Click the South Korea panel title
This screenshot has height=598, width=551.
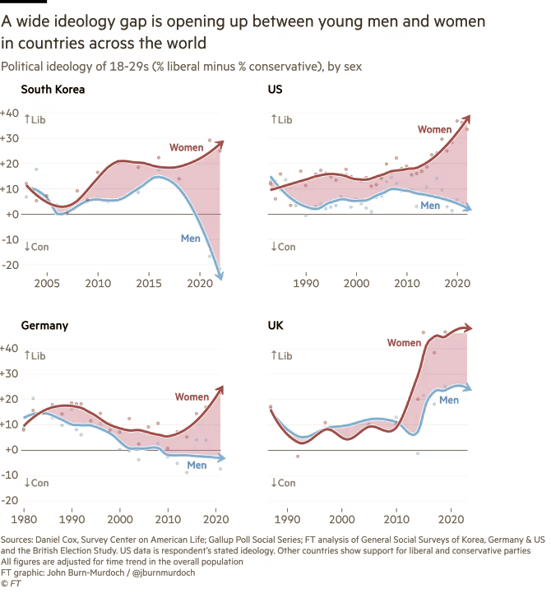point(53,90)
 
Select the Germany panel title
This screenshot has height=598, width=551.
point(44,326)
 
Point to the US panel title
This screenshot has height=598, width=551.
point(275,90)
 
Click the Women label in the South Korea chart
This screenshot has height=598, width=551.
point(186,147)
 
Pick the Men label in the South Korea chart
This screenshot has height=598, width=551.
point(191,239)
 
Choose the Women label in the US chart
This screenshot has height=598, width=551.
point(434,129)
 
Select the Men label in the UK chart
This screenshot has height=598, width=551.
point(449,400)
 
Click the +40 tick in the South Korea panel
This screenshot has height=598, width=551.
point(10,113)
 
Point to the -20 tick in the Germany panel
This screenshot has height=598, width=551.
point(10,501)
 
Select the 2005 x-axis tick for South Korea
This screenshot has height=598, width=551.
point(47,284)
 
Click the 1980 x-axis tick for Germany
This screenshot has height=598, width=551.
point(24,520)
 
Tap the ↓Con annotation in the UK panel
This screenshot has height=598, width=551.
point(283,483)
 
